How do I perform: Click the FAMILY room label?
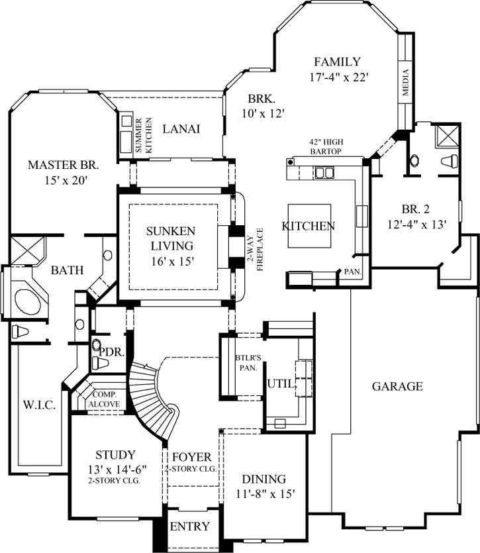pyautogui.click(x=337, y=62)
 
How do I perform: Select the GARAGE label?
pyautogui.click(x=397, y=386)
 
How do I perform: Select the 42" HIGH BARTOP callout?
pyautogui.click(x=325, y=146)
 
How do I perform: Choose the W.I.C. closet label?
pyautogui.click(x=33, y=403)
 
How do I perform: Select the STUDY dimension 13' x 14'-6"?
pyautogui.click(x=116, y=469)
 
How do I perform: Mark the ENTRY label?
pyautogui.click(x=190, y=527)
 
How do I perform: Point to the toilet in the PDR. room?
pyautogui.click(x=97, y=346)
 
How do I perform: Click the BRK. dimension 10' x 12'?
pyautogui.click(x=263, y=113)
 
